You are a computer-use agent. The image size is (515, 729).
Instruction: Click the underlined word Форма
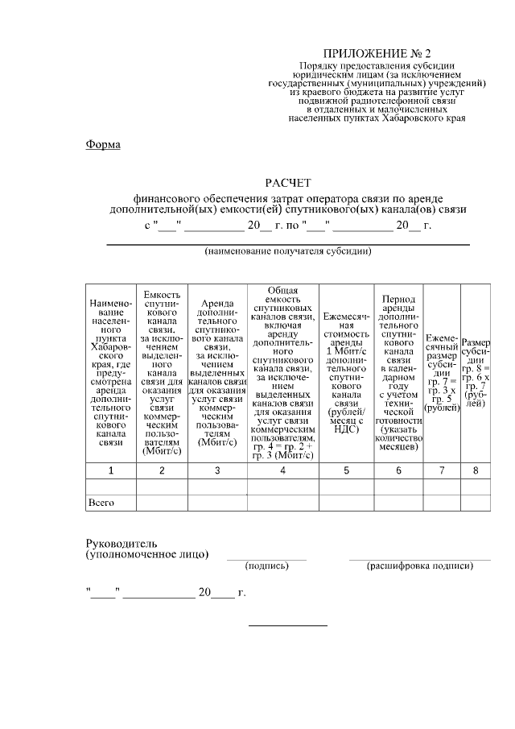(x=103, y=145)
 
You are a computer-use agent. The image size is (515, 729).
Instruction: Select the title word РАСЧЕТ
(x=287, y=184)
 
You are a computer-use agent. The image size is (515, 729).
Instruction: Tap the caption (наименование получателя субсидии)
(x=287, y=251)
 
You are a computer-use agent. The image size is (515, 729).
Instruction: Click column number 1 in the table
(x=110, y=470)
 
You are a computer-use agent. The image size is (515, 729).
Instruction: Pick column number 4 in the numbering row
(x=282, y=470)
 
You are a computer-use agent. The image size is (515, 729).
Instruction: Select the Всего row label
(x=101, y=503)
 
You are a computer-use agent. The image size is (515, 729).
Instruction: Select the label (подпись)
(x=266, y=565)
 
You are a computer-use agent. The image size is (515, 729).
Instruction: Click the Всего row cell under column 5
(x=346, y=503)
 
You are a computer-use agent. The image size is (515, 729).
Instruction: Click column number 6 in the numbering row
(x=398, y=470)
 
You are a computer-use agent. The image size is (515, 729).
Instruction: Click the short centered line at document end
(x=288, y=625)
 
